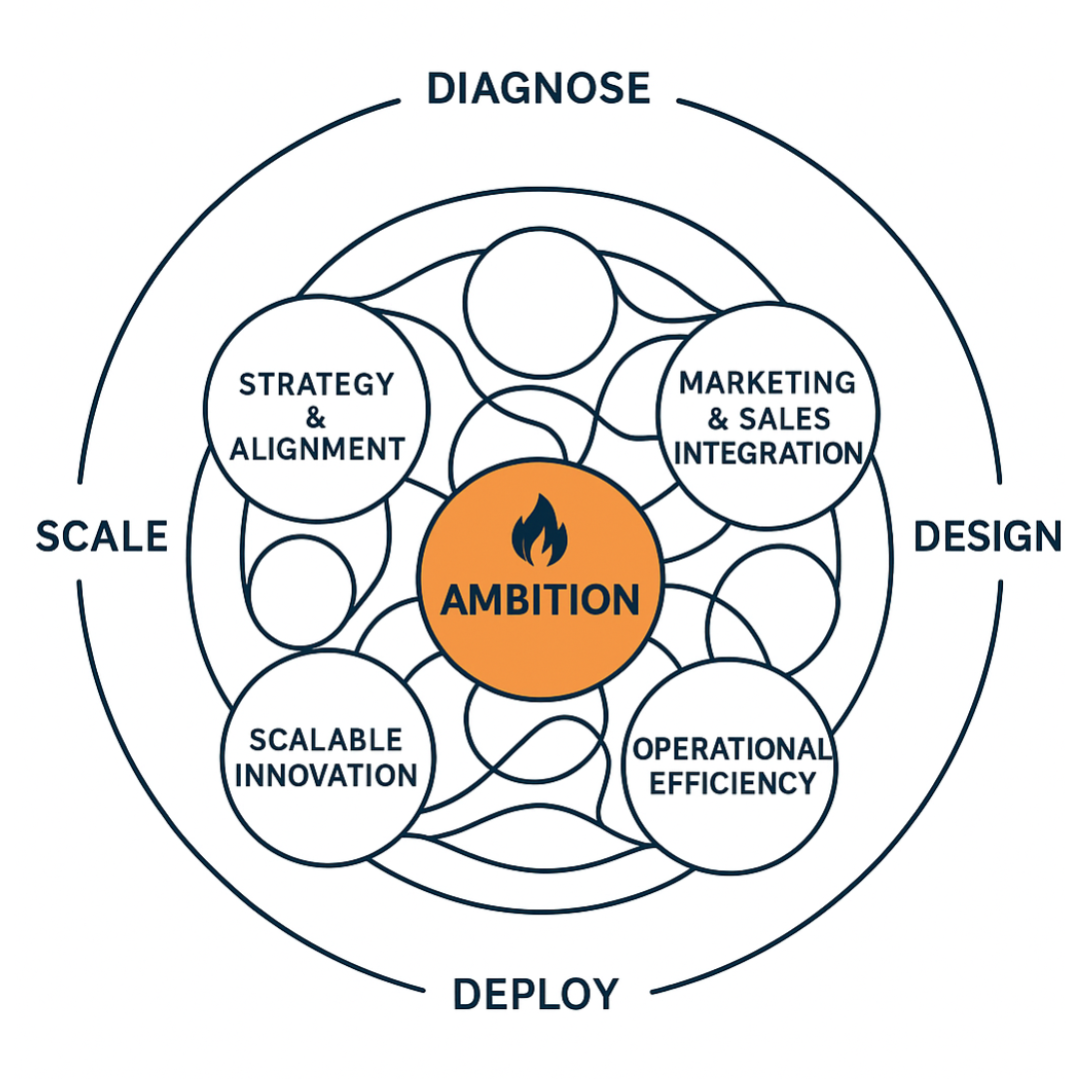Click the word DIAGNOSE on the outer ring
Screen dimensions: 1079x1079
click(539, 88)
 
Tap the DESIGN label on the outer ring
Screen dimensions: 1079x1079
click(987, 537)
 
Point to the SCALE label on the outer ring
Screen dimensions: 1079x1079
click(101, 537)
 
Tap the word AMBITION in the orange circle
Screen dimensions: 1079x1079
click(539, 599)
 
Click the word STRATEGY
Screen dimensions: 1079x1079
click(317, 384)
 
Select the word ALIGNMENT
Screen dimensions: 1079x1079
click(317, 449)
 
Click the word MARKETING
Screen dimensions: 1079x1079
click(767, 383)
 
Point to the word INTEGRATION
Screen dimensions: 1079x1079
click(767, 452)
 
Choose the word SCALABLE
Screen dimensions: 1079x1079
click(326, 740)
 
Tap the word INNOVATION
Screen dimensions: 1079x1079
click(326, 774)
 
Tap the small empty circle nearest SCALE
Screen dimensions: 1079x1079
click(301, 589)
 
